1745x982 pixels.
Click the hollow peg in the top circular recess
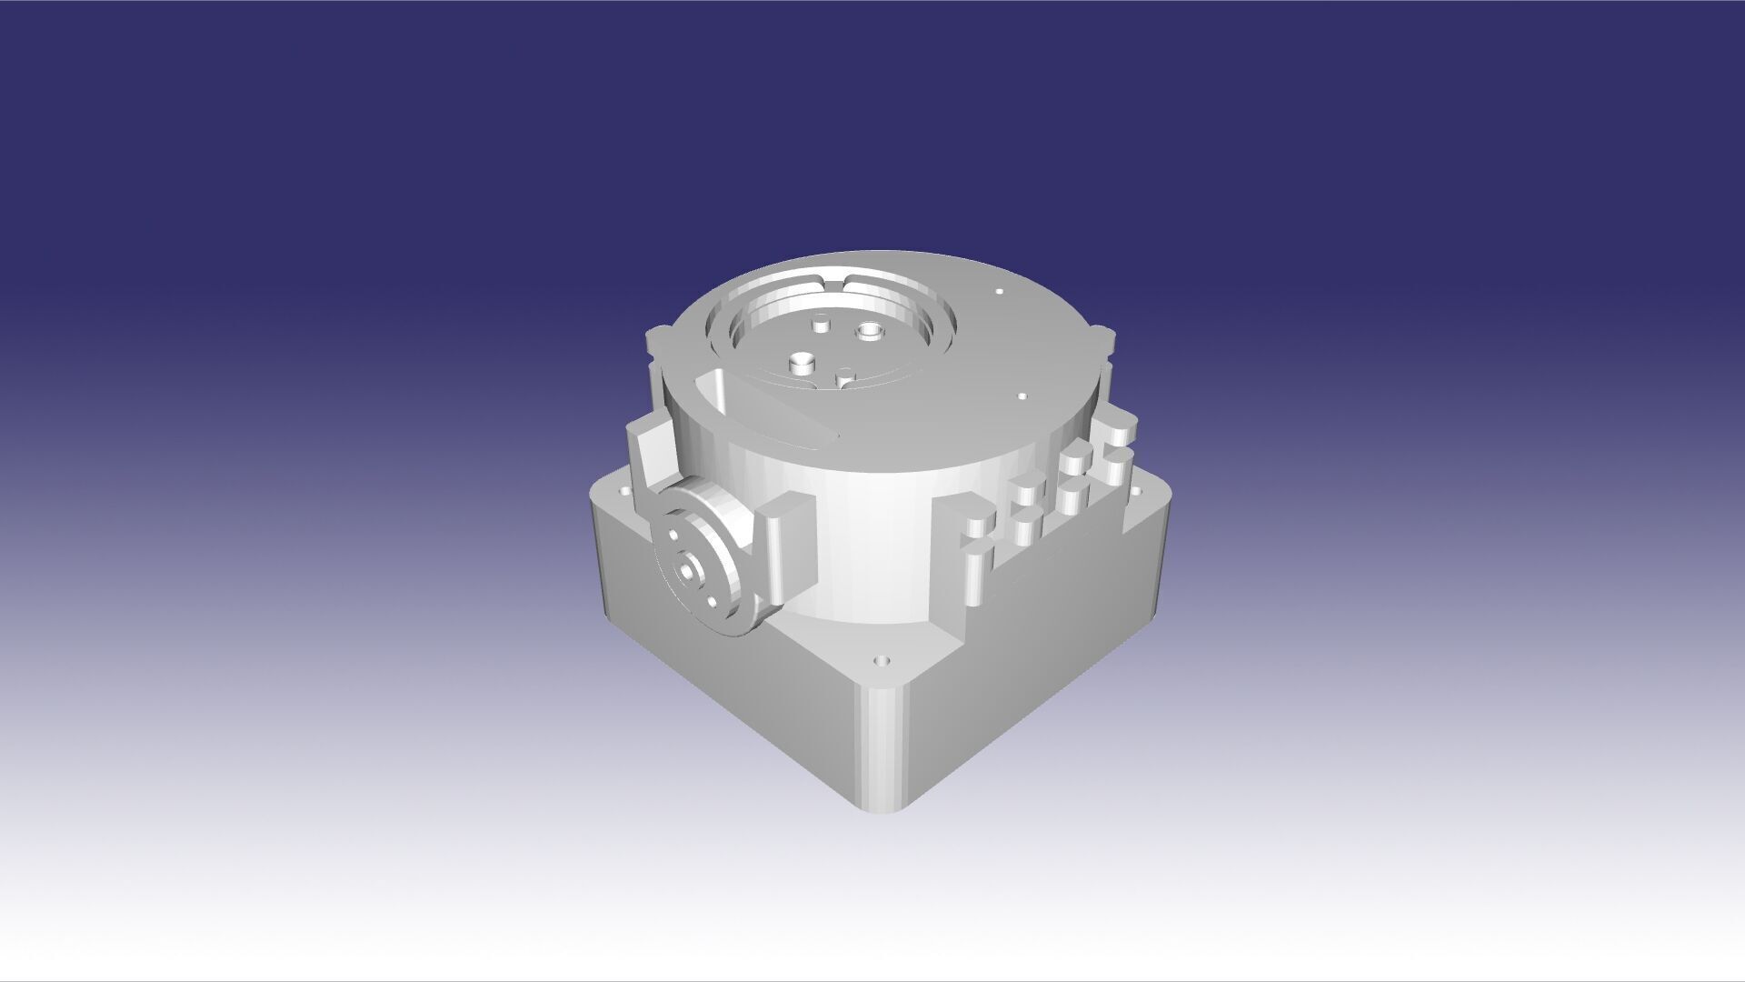[871, 331]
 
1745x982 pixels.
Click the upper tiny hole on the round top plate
[999, 293]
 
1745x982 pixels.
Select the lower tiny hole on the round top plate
[1022, 397]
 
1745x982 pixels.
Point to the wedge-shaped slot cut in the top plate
[763, 414]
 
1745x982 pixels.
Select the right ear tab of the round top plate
[1103, 340]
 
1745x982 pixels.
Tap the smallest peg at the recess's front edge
[846, 376]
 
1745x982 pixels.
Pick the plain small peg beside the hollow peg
[822, 324]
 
